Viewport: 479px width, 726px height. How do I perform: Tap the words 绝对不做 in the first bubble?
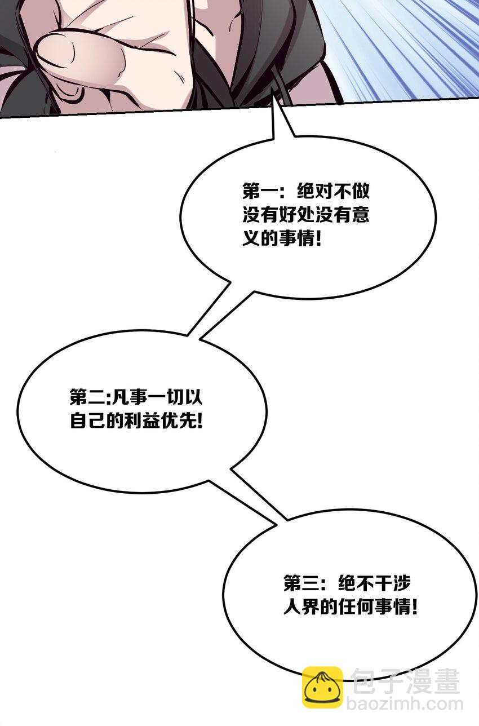[x=333, y=191]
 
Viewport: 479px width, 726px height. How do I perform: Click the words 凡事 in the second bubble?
[x=129, y=397]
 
